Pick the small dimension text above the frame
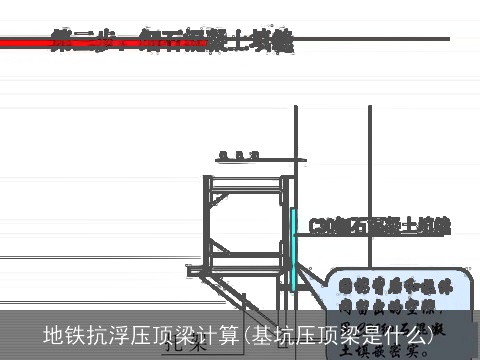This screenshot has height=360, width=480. (x=239, y=154)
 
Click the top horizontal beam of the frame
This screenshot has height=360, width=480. (x=245, y=178)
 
